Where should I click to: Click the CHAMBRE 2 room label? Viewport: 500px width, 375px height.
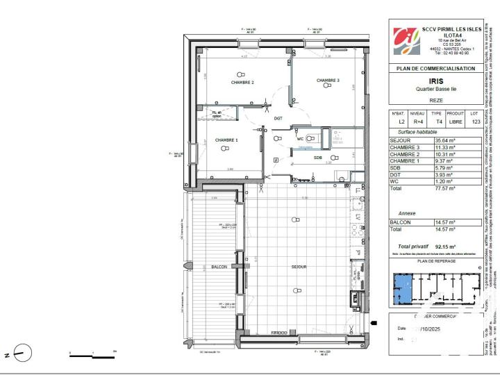coord(242,83)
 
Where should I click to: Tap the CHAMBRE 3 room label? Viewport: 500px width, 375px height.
coord(328,81)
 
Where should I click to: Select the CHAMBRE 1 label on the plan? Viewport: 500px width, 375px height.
coord(226,140)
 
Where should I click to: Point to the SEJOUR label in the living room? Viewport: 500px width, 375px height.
coord(299,267)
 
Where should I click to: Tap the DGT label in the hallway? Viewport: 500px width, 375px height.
coord(278,118)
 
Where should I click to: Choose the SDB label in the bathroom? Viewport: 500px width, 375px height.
coord(318,158)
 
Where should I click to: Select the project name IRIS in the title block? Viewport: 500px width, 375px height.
coord(435,81)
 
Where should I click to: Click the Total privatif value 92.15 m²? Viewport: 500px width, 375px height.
coord(444,247)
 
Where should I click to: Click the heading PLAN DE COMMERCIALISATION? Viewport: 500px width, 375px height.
coord(435,69)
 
